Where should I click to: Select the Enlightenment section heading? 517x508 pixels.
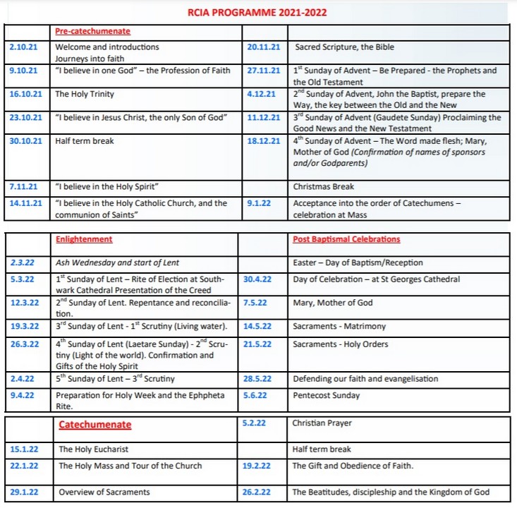pyautogui.click(x=83, y=240)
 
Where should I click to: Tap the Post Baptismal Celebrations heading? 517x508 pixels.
pyautogui.click(x=346, y=240)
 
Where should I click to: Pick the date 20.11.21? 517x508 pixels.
pyautogui.click(x=264, y=47)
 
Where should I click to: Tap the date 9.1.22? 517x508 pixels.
pyautogui.click(x=259, y=204)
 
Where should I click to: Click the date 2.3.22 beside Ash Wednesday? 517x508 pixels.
pyautogui.click(x=23, y=263)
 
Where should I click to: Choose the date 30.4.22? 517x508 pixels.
pyautogui.click(x=259, y=279)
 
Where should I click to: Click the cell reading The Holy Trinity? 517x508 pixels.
pyautogui.click(x=84, y=94)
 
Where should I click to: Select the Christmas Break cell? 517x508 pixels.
pyautogui.click(x=323, y=187)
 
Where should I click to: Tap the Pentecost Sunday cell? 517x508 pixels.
pyautogui.click(x=326, y=396)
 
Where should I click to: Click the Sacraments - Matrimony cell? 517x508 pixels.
pyautogui.click(x=339, y=327)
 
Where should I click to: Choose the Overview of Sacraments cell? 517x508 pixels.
pyautogui.click(x=104, y=492)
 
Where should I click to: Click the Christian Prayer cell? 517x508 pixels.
pyautogui.click(x=321, y=423)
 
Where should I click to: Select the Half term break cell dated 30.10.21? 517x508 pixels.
pyautogui.click(x=84, y=141)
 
